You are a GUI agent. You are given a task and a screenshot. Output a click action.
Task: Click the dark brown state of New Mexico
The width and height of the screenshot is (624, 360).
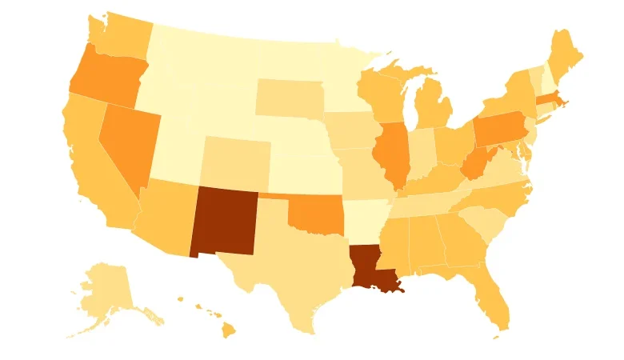point(223,222)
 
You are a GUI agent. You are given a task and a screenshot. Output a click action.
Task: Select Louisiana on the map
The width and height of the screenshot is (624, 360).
point(369,268)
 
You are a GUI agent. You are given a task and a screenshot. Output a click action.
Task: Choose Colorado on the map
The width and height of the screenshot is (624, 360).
point(236,160)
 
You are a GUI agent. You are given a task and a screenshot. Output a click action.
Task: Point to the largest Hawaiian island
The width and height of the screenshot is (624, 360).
point(228,328)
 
